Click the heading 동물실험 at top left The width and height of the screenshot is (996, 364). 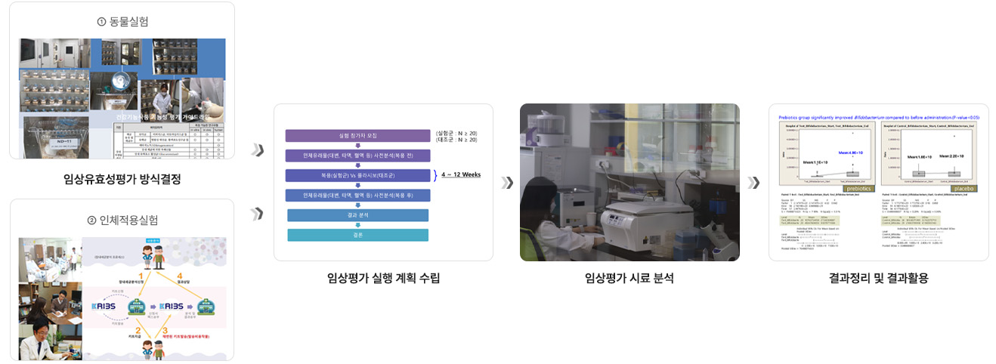click(127, 21)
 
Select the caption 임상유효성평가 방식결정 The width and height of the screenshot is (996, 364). click(122, 179)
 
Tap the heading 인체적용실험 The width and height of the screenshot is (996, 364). click(127, 220)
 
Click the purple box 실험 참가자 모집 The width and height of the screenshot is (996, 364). click(357, 136)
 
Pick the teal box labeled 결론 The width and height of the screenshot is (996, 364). click(357, 235)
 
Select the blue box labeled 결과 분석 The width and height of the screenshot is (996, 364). click(357, 215)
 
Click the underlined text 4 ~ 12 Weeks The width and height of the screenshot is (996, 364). click(461, 175)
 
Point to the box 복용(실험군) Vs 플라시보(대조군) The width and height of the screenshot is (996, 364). click(357, 175)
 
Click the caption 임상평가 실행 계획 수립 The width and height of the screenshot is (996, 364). click(383, 278)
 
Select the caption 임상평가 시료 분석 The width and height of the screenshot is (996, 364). click(629, 278)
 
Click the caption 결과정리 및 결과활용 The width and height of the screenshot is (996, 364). click(878, 278)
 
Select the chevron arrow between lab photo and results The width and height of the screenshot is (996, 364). click(753, 183)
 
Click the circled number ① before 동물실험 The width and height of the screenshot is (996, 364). click(101, 21)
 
